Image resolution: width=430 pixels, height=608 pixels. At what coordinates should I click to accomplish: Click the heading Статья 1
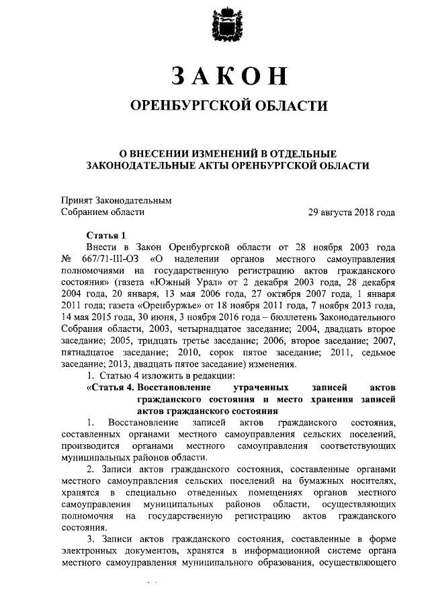pos(107,235)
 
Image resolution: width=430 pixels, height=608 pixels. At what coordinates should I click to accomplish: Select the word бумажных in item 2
pos(326,482)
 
